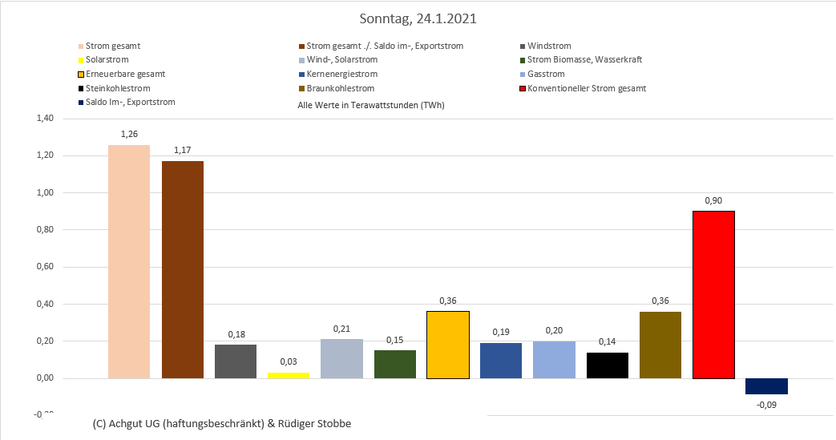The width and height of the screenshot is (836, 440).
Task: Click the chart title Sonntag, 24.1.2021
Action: tap(418, 18)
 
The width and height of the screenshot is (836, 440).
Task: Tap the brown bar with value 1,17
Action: tap(182, 269)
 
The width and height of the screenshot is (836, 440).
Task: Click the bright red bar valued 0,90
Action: tap(713, 294)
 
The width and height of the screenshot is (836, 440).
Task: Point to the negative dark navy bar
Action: tap(766, 386)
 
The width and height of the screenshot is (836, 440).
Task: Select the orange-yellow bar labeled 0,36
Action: tap(448, 345)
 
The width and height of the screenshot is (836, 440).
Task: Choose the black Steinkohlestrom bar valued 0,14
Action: tap(608, 365)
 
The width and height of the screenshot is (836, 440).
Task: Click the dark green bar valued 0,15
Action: tap(395, 364)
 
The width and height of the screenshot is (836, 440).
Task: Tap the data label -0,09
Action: tap(766, 405)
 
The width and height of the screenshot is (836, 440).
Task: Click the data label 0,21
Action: tap(341, 329)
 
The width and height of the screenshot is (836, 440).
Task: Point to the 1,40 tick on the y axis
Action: tap(45, 119)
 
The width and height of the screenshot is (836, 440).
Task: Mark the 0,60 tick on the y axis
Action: tap(45, 267)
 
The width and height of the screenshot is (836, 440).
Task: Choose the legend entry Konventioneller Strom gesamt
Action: tap(587, 88)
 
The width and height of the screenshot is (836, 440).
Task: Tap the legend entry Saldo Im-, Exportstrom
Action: tap(130, 102)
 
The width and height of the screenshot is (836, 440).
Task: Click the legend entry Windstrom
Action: tap(549, 46)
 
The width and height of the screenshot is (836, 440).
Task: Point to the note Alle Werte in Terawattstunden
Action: tap(370, 105)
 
